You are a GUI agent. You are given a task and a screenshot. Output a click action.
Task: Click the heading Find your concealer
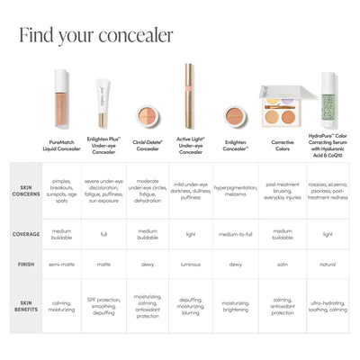95,35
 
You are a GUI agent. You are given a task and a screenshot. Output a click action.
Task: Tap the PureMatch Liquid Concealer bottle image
61,99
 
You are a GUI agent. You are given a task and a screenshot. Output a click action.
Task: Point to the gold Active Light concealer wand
190,96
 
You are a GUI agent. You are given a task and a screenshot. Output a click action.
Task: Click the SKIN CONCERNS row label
25,191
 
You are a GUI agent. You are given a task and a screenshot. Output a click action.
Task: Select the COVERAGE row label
25,234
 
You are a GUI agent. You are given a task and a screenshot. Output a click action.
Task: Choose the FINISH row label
25,265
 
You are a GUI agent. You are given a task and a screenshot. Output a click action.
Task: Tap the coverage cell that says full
103,234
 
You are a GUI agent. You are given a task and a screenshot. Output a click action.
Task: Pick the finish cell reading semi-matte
61,265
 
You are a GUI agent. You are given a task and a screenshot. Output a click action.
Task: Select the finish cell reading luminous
190,265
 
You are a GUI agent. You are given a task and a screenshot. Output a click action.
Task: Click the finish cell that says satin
282,265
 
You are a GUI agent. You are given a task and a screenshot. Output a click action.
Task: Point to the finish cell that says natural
327,265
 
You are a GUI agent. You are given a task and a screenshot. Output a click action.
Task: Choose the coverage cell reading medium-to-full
235,234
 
